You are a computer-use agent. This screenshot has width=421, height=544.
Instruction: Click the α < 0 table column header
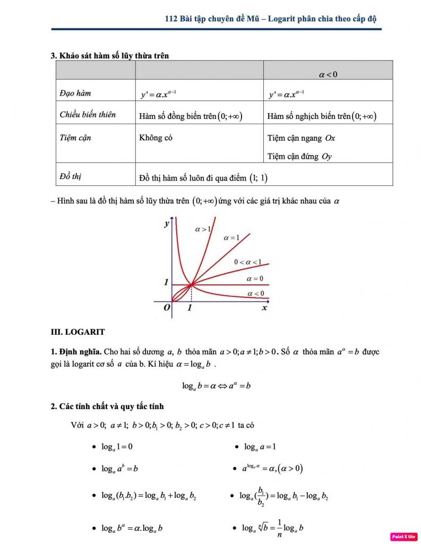tap(328, 74)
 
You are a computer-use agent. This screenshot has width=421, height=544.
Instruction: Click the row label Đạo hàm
tap(75, 93)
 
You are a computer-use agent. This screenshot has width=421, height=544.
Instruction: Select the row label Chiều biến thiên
tap(88, 115)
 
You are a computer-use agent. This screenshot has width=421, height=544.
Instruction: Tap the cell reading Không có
tap(156, 138)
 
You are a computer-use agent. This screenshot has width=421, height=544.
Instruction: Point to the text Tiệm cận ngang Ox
tap(301, 138)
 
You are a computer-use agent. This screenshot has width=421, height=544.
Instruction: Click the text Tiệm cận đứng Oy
tap(299, 156)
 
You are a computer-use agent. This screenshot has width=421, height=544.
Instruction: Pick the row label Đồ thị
tap(71, 176)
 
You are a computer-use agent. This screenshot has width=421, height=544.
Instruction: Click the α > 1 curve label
tap(203, 229)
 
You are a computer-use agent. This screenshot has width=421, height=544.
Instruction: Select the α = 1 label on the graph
tap(231, 237)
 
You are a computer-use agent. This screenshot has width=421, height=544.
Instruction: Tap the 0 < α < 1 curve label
tap(248, 262)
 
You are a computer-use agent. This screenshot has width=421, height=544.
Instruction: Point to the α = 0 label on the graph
tap(255, 278)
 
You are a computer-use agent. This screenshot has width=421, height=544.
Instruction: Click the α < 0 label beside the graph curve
tap(256, 293)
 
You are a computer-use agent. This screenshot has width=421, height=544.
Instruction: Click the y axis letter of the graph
tap(166, 224)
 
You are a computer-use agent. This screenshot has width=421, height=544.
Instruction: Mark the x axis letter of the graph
tap(264, 308)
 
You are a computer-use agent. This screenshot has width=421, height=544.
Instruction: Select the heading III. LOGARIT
tap(78, 332)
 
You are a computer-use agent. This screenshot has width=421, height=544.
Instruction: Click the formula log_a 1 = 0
tap(117, 447)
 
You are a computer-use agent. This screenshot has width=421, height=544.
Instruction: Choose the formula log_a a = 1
tap(260, 447)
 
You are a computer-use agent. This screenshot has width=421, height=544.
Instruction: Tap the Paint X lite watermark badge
tap(403, 537)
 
